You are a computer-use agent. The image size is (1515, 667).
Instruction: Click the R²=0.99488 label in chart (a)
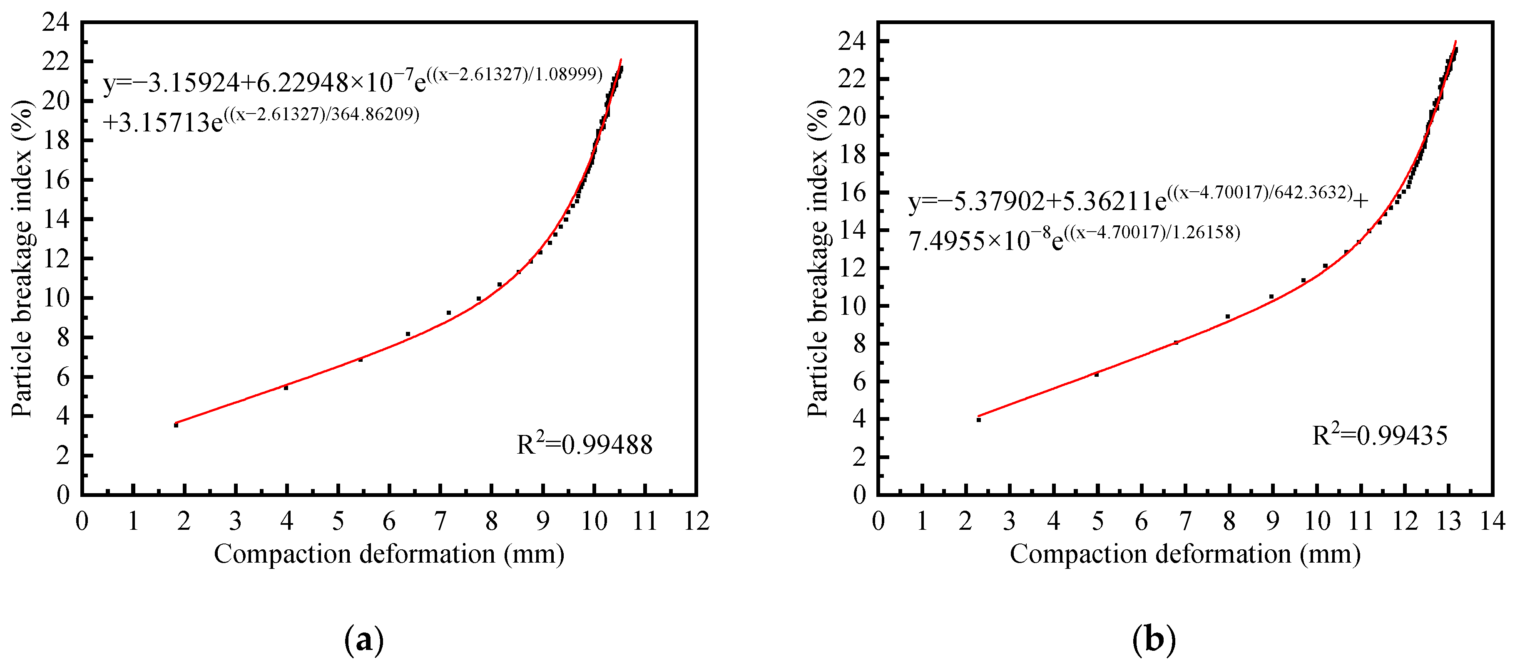(x=584, y=445)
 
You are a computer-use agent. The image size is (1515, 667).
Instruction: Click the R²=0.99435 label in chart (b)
(x=1380, y=435)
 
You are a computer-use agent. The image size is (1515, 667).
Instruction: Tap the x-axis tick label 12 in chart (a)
(x=697, y=521)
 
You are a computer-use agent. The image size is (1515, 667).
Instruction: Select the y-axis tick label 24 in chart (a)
(x=55, y=22)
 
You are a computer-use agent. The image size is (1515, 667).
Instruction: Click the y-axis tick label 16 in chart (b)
(x=852, y=192)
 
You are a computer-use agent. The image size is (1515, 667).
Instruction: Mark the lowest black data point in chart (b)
(x=979, y=420)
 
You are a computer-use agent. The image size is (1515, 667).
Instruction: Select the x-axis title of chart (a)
(x=389, y=553)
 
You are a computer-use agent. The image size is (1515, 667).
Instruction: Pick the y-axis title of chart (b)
(x=818, y=259)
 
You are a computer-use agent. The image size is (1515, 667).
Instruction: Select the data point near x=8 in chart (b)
(x=1227, y=317)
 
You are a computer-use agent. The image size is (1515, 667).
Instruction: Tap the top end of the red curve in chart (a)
(x=620, y=60)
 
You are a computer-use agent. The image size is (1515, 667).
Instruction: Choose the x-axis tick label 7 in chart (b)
(x=1186, y=521)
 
